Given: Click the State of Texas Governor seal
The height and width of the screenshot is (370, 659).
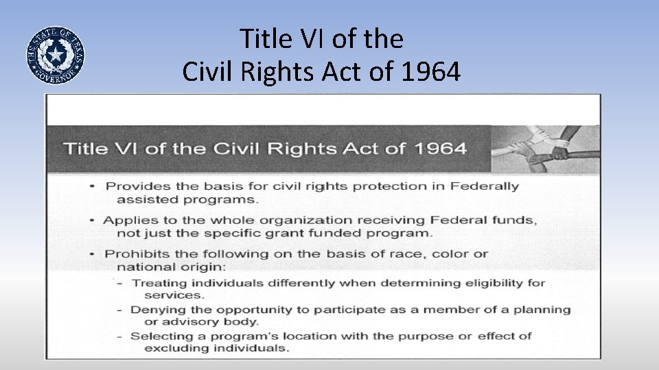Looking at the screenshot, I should click(56, 55).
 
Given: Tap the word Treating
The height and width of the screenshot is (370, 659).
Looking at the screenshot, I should click(158, 282).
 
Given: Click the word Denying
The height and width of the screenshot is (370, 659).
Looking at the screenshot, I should click(157, 309).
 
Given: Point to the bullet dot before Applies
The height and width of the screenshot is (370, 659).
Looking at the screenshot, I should click(93, 221).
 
